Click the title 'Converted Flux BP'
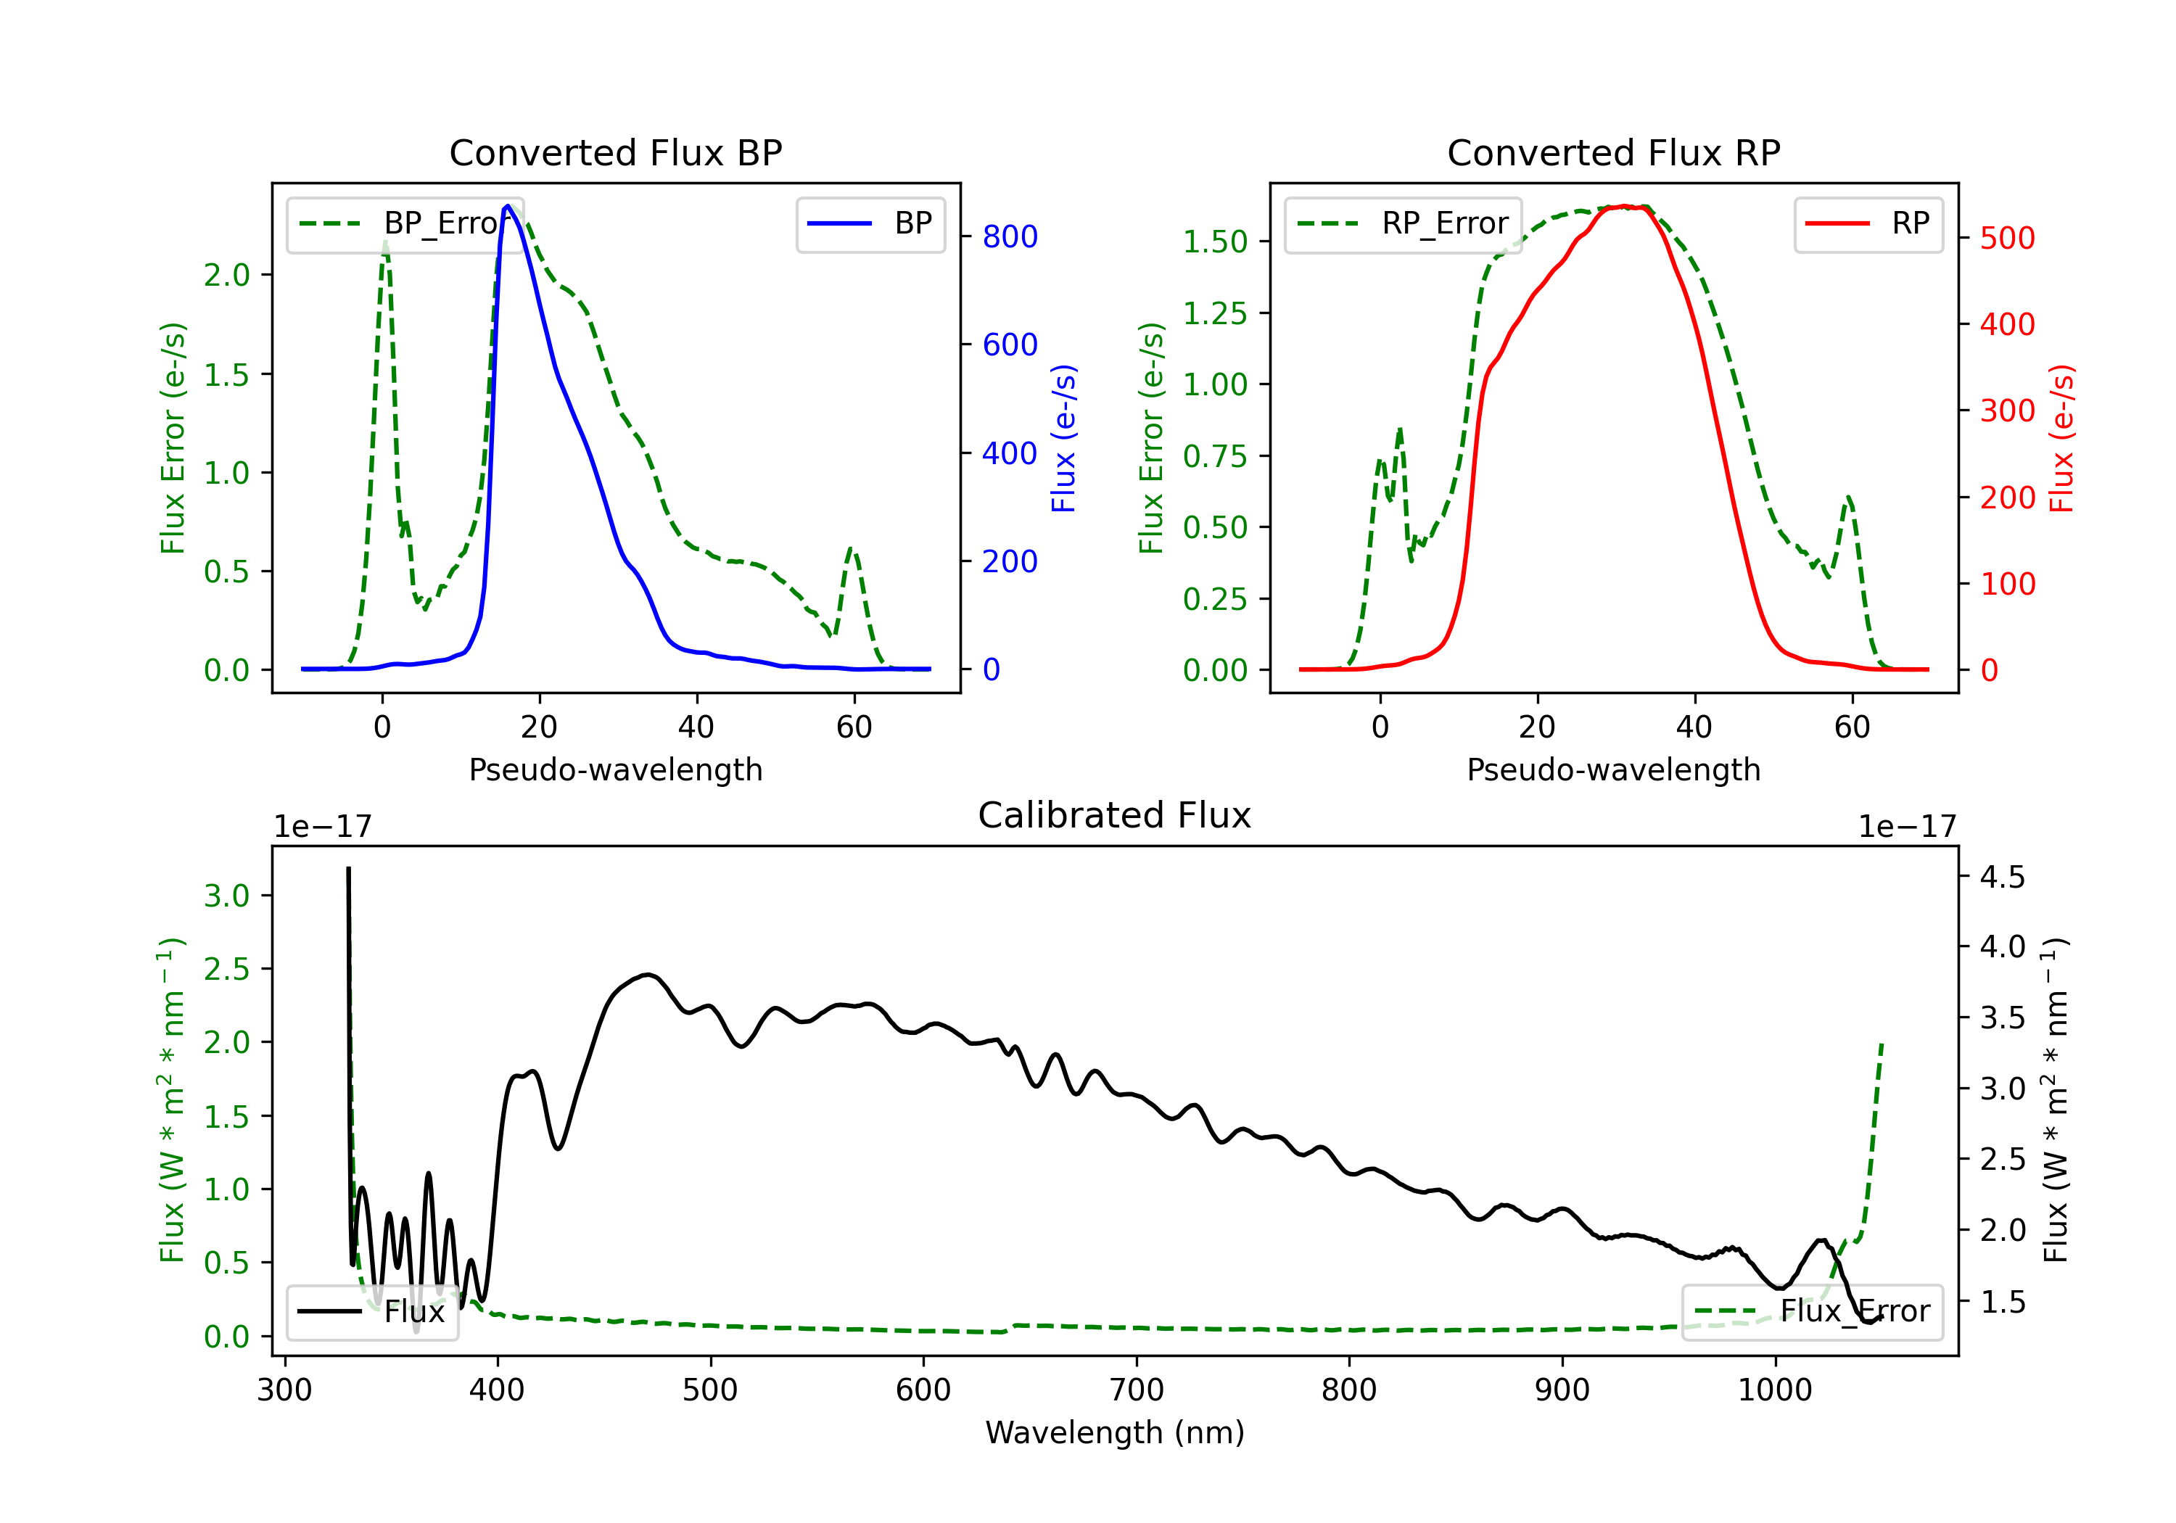tap(615, 152)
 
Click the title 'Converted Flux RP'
tap(1613, 152)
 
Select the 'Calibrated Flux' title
tap(1115, 815)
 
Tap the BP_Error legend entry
tap(405, 223)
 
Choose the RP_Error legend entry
tap(1403, 223)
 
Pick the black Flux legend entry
tap(371, 1312)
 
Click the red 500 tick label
tap(2007, 238)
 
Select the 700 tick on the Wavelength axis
tap(1137, 1390)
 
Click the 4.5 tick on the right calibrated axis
tap(2003, 877)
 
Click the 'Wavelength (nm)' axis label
tap(1115, 1432)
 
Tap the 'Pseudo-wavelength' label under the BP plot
tap(615, 769)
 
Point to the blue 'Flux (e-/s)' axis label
tap(1063, 438)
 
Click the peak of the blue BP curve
tap(508, 206)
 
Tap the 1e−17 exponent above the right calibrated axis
tap(1907, 827)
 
